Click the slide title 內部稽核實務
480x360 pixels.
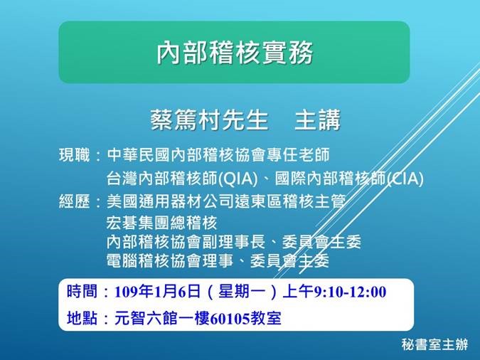[234, 53]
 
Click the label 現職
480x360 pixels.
[74, 155]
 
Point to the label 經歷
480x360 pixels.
[74, 202]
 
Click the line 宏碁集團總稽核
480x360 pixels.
[161, 223]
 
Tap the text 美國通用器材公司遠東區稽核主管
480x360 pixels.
[225, 202]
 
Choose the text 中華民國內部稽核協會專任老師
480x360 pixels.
[218, 155]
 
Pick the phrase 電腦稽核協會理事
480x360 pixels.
[169, 260]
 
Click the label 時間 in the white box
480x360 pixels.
[81, 292]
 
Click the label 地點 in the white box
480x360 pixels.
[81, 318]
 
